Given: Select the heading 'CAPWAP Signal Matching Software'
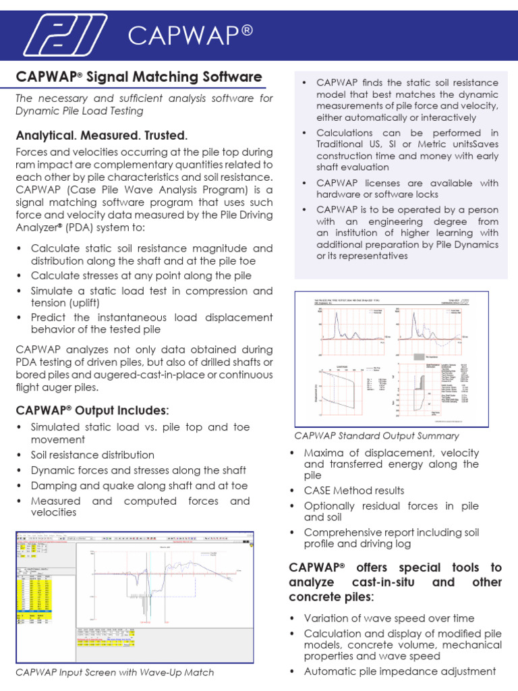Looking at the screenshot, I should pos(138,77).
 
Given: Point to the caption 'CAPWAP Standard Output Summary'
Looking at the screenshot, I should pos(377,436).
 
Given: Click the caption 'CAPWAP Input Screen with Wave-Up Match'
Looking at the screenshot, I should pos(115,672).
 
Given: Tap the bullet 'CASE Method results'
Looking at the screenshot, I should pos(354,491).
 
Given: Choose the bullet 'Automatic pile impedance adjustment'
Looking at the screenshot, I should pos(399,671).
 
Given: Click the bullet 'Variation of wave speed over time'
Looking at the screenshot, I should pos(389,618).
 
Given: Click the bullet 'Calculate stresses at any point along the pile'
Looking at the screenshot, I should pos(141,275).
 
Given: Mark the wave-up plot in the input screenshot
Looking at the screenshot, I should pos(165,580).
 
